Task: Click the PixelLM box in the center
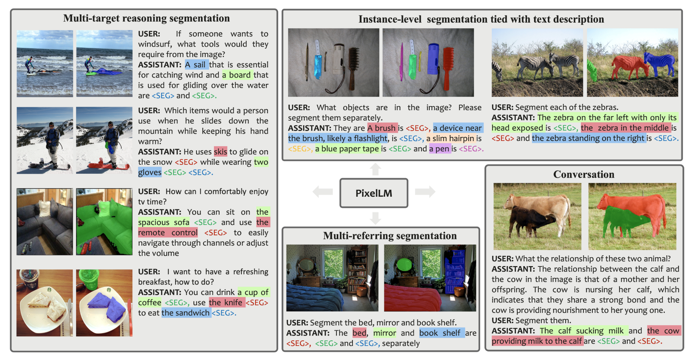(374, 193)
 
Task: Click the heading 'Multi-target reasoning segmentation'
(146, 18)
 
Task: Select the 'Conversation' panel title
(583, 174)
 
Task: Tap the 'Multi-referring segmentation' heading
(390, 236)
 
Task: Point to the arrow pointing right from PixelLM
(425, 192)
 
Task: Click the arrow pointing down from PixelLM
(375, 218)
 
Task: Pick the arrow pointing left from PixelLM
(323, 192)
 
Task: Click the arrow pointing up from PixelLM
(375, 169)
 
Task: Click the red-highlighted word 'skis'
(220, 151)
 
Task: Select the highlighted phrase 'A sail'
(196, 65)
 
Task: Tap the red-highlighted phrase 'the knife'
(226, 302)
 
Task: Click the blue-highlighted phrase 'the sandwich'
(185, 313)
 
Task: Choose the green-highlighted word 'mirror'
(384, 333)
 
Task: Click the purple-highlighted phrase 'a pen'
(439, 149)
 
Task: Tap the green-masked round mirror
(404, 264)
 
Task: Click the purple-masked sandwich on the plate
(108, 306)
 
